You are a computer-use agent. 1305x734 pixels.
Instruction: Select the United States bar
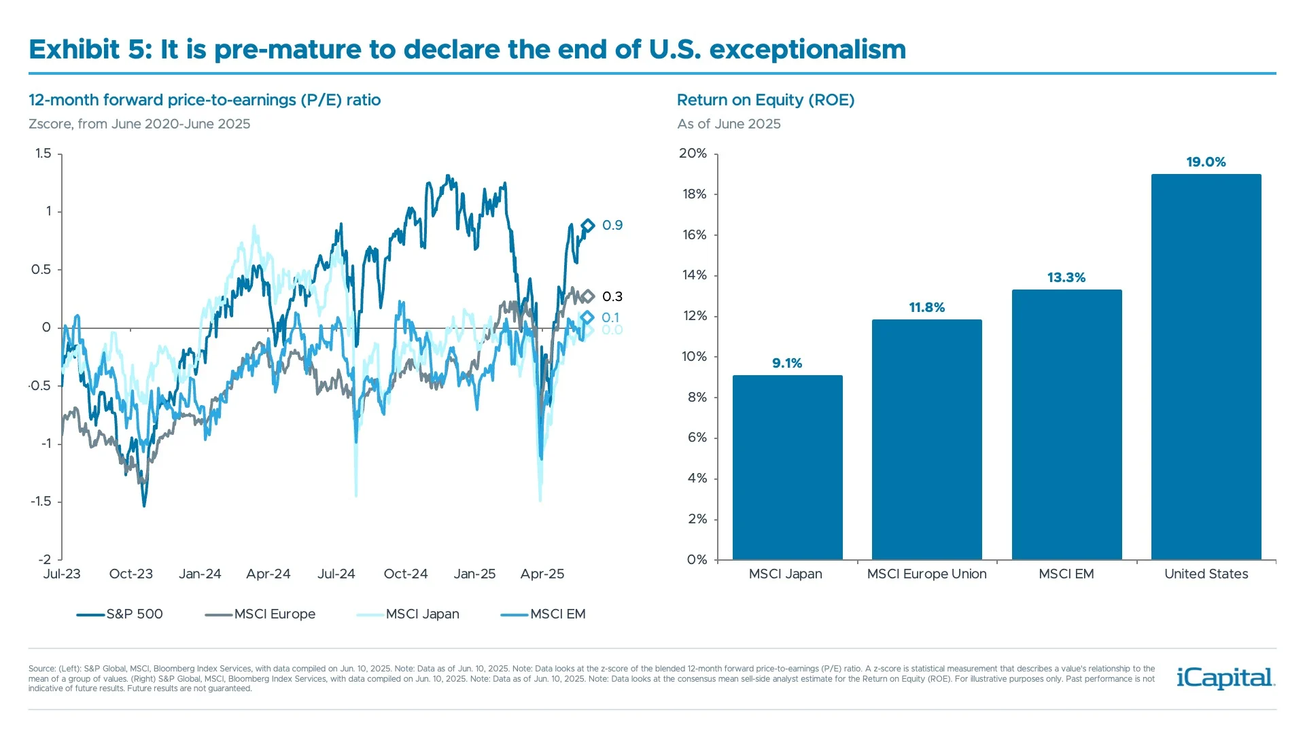(x=1206, y=367)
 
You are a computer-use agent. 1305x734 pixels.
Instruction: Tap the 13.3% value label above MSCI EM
(x=1066, y=277)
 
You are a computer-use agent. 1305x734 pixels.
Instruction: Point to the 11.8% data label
(x=926, y=307)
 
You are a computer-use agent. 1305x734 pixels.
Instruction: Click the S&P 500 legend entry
(x=120, y=614)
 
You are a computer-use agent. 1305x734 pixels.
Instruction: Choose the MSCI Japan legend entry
(x=408, y=614)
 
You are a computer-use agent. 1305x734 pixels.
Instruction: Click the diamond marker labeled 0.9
(x=588, y=226)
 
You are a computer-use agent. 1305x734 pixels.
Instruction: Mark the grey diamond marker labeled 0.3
(x=588, y=296)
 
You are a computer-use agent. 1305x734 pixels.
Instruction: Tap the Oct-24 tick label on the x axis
(x=406, y=574)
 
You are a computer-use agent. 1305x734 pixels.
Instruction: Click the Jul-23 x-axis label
(x=62, y=574)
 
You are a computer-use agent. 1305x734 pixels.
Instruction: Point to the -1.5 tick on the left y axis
(x=41, y=502)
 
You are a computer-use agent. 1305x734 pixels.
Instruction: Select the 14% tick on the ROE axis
(x=694, y=275)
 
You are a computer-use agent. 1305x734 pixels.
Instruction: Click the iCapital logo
(x=1225, y=678)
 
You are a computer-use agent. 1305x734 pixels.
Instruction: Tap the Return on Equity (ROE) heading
(x=765, y=100)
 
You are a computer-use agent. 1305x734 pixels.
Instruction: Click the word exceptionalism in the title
(x=807, y=50)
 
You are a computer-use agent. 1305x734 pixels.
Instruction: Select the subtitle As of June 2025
(x=729, y=124)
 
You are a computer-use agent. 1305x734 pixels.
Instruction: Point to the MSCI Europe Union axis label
(x=926, y=574)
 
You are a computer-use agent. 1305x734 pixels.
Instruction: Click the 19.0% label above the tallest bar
(x=1206, y=162)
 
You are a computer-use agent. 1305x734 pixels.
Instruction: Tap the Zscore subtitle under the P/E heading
(x=139, y=124)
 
